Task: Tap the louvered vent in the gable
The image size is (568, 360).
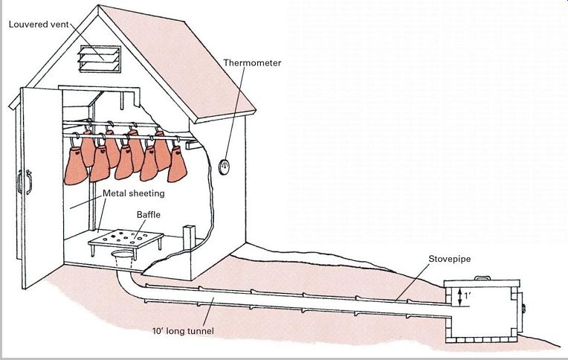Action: click(x=100, y=57)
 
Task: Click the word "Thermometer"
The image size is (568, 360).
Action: click(x=253, y=63)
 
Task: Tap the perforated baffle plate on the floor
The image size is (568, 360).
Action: click(x=126, y=239)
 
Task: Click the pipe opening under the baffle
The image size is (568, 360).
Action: click(x=124, y=257)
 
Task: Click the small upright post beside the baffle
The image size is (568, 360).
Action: click(x=187, y=238)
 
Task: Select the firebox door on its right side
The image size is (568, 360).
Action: click(x=520, y=306)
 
